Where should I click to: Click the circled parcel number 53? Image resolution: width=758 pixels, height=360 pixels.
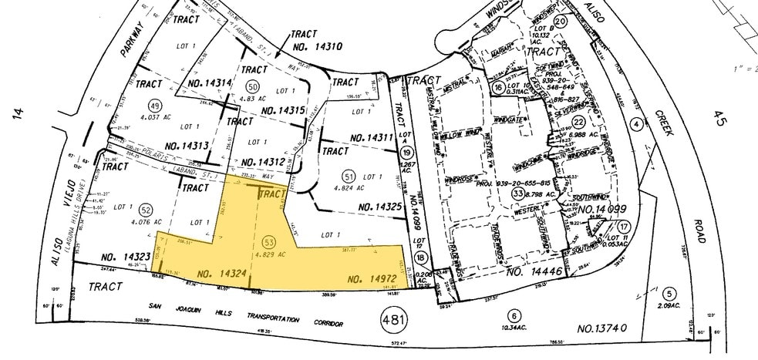(268, 242)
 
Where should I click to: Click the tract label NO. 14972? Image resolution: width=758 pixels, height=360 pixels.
(374, 278)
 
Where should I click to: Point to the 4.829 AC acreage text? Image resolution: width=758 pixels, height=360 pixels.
(269, 254)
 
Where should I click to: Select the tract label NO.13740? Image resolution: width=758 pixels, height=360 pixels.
(601, 328)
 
